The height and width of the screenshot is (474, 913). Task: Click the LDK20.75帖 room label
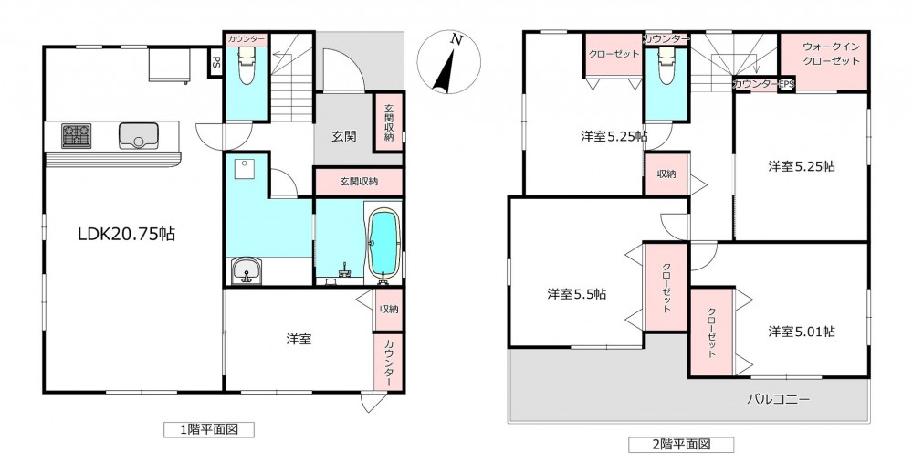click(x=127, y=234)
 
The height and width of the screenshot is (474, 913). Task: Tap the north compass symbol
click(x=449, y=63)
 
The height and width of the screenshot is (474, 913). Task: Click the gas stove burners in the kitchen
click(x=77, y=136)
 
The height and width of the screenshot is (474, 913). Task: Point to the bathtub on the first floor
click(x=383, y=245)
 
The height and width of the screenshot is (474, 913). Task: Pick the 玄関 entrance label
click(x=344, y=136)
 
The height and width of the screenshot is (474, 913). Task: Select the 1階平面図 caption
click(x=209, y=430)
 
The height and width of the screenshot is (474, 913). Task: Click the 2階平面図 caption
click(x=681, y=445)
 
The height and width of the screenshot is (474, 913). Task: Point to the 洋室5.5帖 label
click(x=576, y=294)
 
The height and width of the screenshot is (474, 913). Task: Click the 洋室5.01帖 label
click(x=802, y=332)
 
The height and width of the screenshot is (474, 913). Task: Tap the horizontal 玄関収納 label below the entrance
click(x=359, y=182)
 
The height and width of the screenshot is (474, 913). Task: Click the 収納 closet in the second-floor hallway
click(x=666, y=174)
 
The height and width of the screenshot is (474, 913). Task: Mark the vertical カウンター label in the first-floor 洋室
click(x=389, y=362)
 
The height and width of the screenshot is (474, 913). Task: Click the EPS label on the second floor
click(x=786, y=85)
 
